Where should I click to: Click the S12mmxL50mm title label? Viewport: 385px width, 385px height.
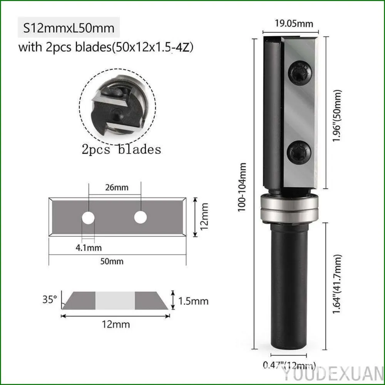[69, 28]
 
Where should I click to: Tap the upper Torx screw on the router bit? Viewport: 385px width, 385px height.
[300, 73]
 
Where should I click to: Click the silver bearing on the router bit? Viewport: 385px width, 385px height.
[289, 209]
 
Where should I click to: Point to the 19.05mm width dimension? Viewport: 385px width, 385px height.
[294, 23]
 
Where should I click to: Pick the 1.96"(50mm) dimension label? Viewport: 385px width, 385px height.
[337, 115]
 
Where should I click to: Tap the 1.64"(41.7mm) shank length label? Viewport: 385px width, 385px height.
[337, 284]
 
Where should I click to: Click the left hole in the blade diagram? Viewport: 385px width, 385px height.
[88, 218]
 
